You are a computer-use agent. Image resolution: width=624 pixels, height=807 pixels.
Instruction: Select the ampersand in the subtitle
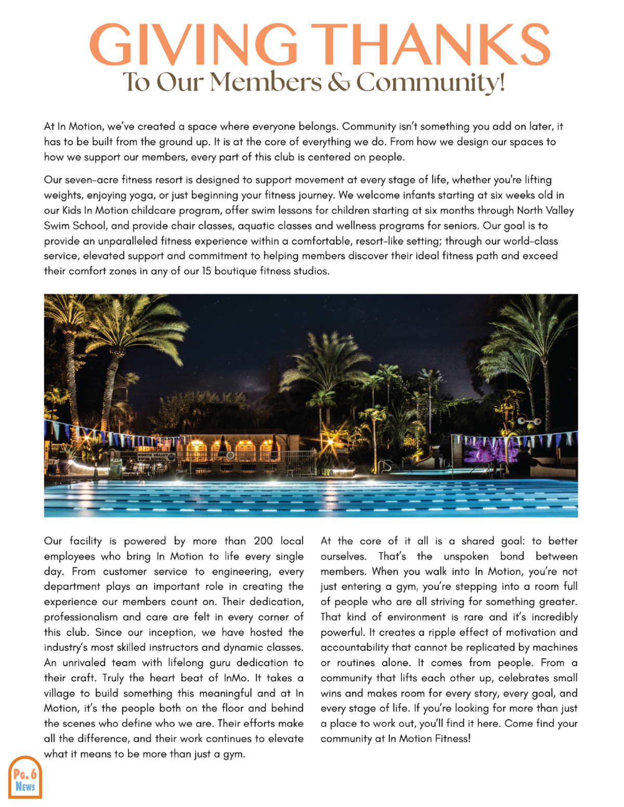338,83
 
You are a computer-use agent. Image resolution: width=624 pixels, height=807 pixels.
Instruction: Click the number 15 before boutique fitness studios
206,271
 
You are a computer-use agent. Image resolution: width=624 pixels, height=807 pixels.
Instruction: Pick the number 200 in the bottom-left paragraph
263,541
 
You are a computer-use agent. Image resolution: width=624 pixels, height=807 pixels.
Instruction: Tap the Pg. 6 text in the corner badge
25,774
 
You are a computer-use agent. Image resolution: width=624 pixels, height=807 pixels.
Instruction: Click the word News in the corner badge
25,786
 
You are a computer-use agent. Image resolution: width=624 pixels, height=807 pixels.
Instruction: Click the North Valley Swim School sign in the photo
152,457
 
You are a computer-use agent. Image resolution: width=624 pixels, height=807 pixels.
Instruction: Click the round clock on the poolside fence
230,455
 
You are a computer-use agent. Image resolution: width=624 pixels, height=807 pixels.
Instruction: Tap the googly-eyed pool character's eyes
529,421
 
